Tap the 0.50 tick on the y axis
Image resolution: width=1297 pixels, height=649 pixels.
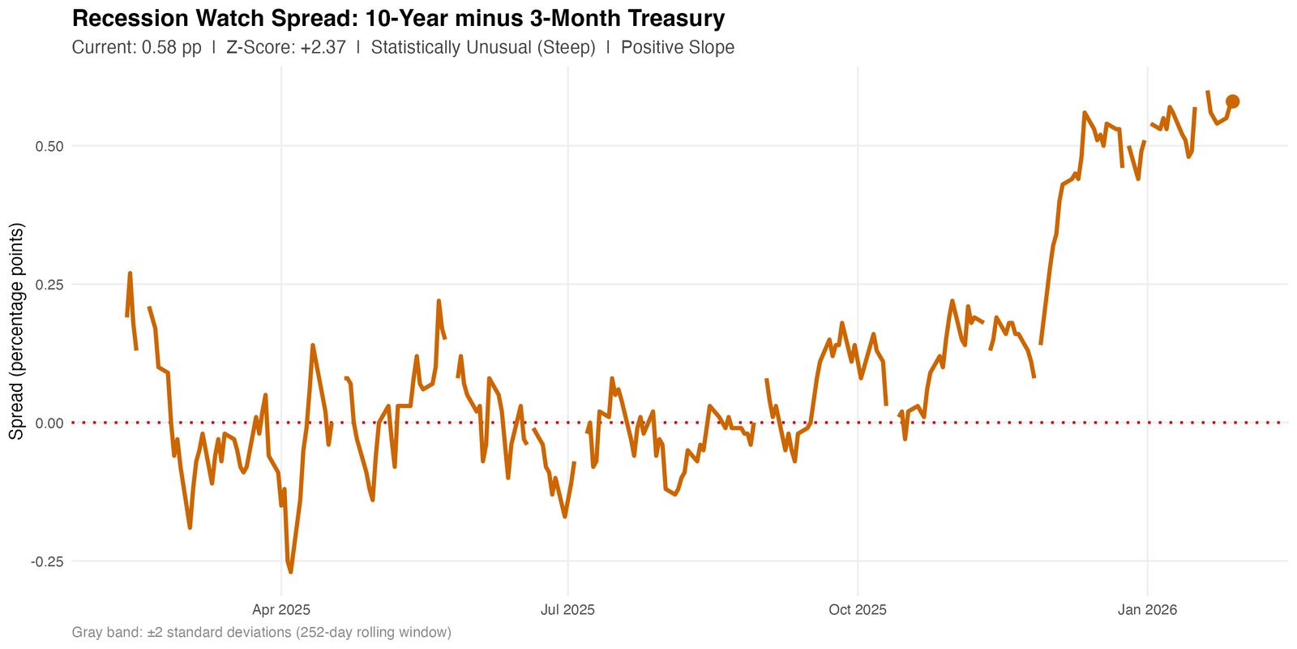click(49, 146)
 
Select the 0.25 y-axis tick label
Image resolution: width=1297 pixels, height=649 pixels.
click(49, 285)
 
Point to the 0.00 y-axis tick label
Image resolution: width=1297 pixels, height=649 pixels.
click(49, 423)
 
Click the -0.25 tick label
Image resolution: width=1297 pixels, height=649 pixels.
click(47, 561)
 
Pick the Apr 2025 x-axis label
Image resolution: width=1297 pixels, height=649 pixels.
click(281, 609)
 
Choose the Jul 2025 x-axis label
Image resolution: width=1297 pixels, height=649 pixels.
click(567, 609)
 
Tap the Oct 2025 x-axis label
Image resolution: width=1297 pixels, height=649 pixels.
click(857, 609)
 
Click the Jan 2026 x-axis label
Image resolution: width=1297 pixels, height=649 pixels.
click(1147, 609)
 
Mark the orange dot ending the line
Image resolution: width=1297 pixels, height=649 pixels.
click(1232, 101)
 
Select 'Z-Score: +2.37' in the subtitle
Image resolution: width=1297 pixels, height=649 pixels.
click(286, 47)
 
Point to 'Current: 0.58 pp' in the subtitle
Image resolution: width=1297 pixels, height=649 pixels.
click(136, 47)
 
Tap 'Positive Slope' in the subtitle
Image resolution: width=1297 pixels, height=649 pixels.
click(678, 47)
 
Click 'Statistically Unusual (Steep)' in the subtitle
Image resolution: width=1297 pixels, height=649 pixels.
click(483, 47)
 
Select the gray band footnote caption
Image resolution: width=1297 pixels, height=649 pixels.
click(261, 632)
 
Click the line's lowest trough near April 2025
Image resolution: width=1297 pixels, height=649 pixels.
click(290, 572)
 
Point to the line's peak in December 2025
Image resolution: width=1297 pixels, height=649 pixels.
click(1084, 113)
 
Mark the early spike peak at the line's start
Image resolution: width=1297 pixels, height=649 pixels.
click(130, 273)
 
